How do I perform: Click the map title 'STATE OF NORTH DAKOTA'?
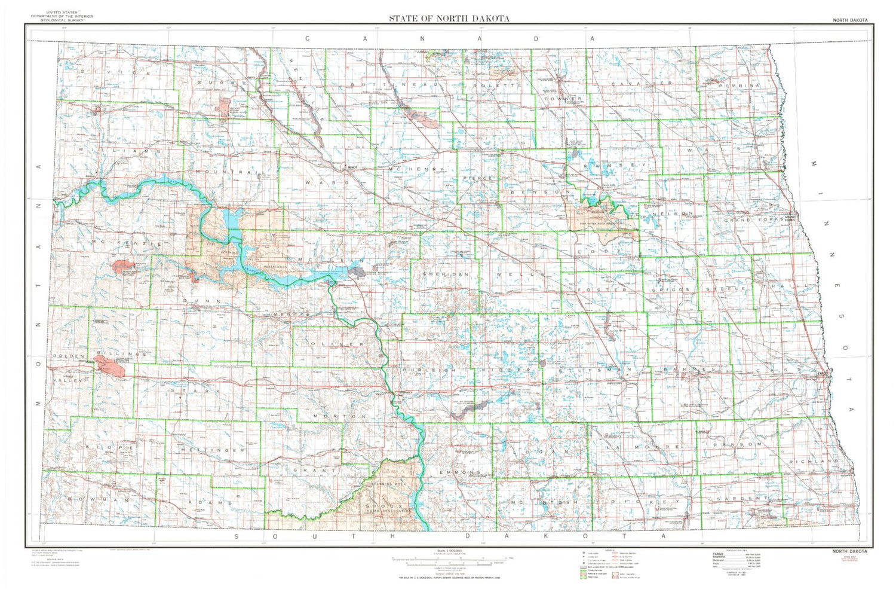(x=449, y=18)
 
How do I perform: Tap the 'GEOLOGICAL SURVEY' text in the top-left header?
(x=62, y=20)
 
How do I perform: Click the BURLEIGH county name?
(x=429, y=371)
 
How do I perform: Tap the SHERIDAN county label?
(x=445, y=273)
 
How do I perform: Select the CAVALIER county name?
(x=642, y=83)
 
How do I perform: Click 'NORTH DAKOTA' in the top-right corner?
(x=850, y=20)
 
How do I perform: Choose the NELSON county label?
(x=673, y=213)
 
